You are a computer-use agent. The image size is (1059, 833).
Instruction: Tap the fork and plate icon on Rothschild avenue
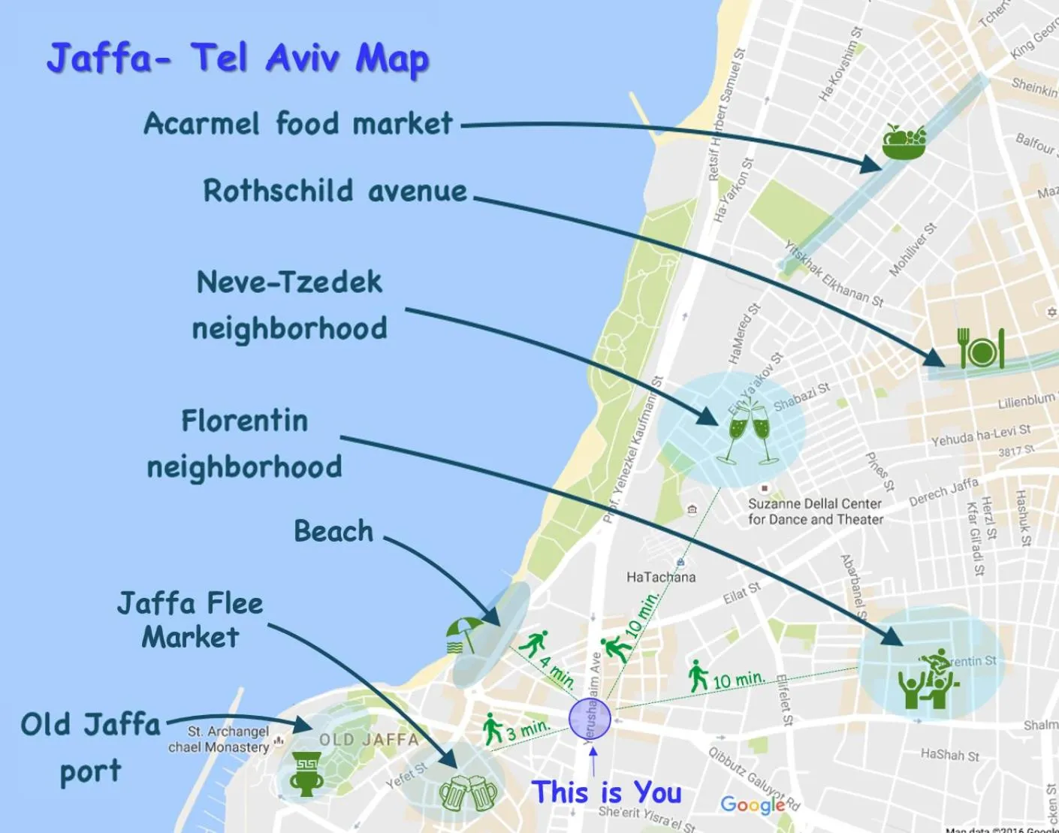click(x=981, y=349)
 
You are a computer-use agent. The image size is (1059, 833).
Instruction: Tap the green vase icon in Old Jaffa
click(x=306, y=774)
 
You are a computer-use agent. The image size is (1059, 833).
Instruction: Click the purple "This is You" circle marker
click(x=590, y=719)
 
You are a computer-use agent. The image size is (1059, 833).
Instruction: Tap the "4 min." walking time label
click(x=557, y=672)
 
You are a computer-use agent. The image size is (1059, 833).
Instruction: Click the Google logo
click(x=753, y=804)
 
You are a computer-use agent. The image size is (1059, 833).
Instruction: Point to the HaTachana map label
click(x=661, y=577)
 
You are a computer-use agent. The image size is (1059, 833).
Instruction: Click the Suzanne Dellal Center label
click(x=815, y=512)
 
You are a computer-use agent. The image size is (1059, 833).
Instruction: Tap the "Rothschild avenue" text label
click(x=335, y=191)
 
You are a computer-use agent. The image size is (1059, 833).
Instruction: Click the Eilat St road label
click(x=741, y=593)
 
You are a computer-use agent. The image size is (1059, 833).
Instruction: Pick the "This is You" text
click(x=606, y=792)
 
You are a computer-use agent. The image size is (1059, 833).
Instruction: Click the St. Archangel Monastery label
click(x=219, y=739)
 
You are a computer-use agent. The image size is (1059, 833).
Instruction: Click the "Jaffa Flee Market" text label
click(x=190, y=620)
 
